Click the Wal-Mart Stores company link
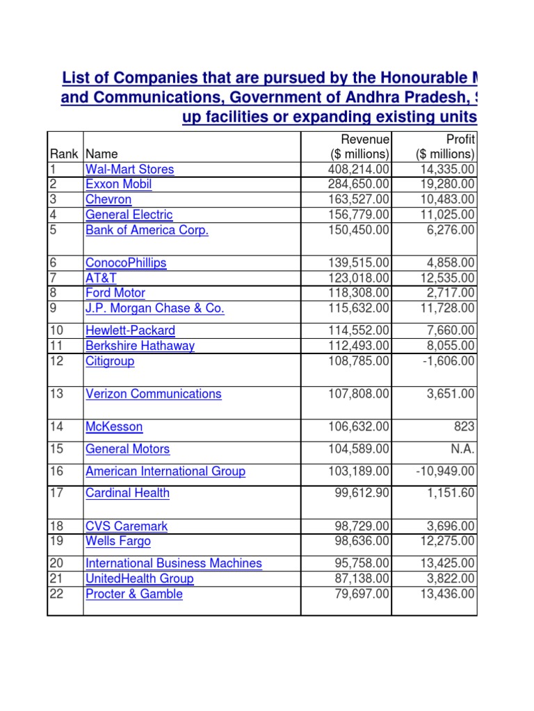coord(129,169)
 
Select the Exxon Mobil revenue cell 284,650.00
coord(359,185)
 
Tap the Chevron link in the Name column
coord(108,200)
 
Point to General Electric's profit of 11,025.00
coord(446,215)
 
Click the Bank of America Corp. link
coord(147,231)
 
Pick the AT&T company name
coord(101,278)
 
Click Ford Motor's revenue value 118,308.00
coord(359,293)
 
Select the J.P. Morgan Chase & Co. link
coord(154,308)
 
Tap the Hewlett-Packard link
coord(130,331)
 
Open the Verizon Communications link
coord(153,394)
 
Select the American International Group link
coord(165,471)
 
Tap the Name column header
coord(102,154)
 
